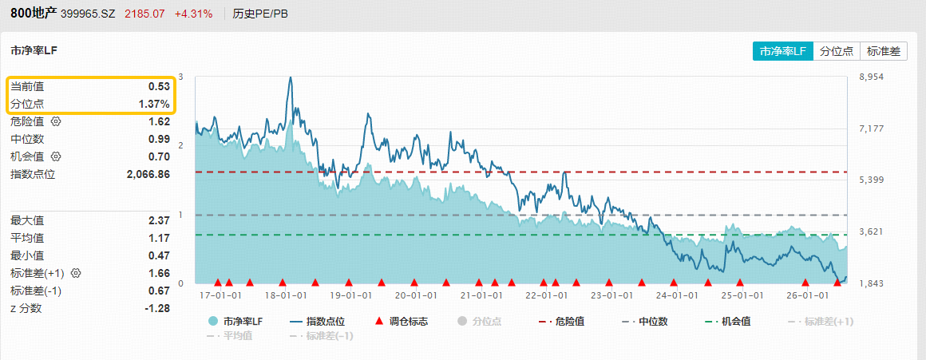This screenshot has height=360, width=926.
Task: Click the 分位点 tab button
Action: click(837, 51)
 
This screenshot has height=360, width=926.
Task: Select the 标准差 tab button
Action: click(884, 51)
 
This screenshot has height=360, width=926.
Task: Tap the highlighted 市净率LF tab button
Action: click(782, 51)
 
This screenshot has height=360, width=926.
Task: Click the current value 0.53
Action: click(159, 87)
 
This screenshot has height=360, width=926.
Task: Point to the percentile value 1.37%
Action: click(154, 104)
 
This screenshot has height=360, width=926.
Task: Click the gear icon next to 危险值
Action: click(56, 121)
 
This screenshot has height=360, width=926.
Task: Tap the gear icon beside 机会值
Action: click(56, 156)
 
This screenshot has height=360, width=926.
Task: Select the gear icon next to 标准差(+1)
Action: click(76, 273)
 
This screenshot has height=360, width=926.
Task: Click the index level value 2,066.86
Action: click(148, 174)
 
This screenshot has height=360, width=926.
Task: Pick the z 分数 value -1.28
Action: click(158, 308)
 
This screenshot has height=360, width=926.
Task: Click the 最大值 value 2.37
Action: click(159, 221)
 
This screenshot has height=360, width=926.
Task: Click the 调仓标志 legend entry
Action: click(402, 322)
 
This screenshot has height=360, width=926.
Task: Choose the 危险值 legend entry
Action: click(562, 322)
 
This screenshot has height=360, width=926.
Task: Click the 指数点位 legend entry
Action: click(317, 322)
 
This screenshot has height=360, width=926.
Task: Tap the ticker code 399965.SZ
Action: click(89, 14)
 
